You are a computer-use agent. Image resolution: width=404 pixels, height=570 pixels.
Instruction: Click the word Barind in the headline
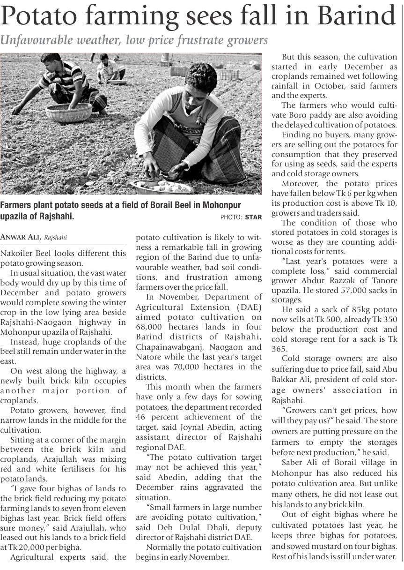pyautogui.click(x=356, y=17)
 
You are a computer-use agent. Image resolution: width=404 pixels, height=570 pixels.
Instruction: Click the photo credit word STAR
pyautogui.click(x=253, y=217)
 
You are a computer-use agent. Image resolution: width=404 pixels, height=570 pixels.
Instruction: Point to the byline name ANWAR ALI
pyautogui.click(x=21, y=238)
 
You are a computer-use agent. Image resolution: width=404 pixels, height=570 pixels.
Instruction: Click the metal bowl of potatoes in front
pyautogui.click(x=162, y=186)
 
